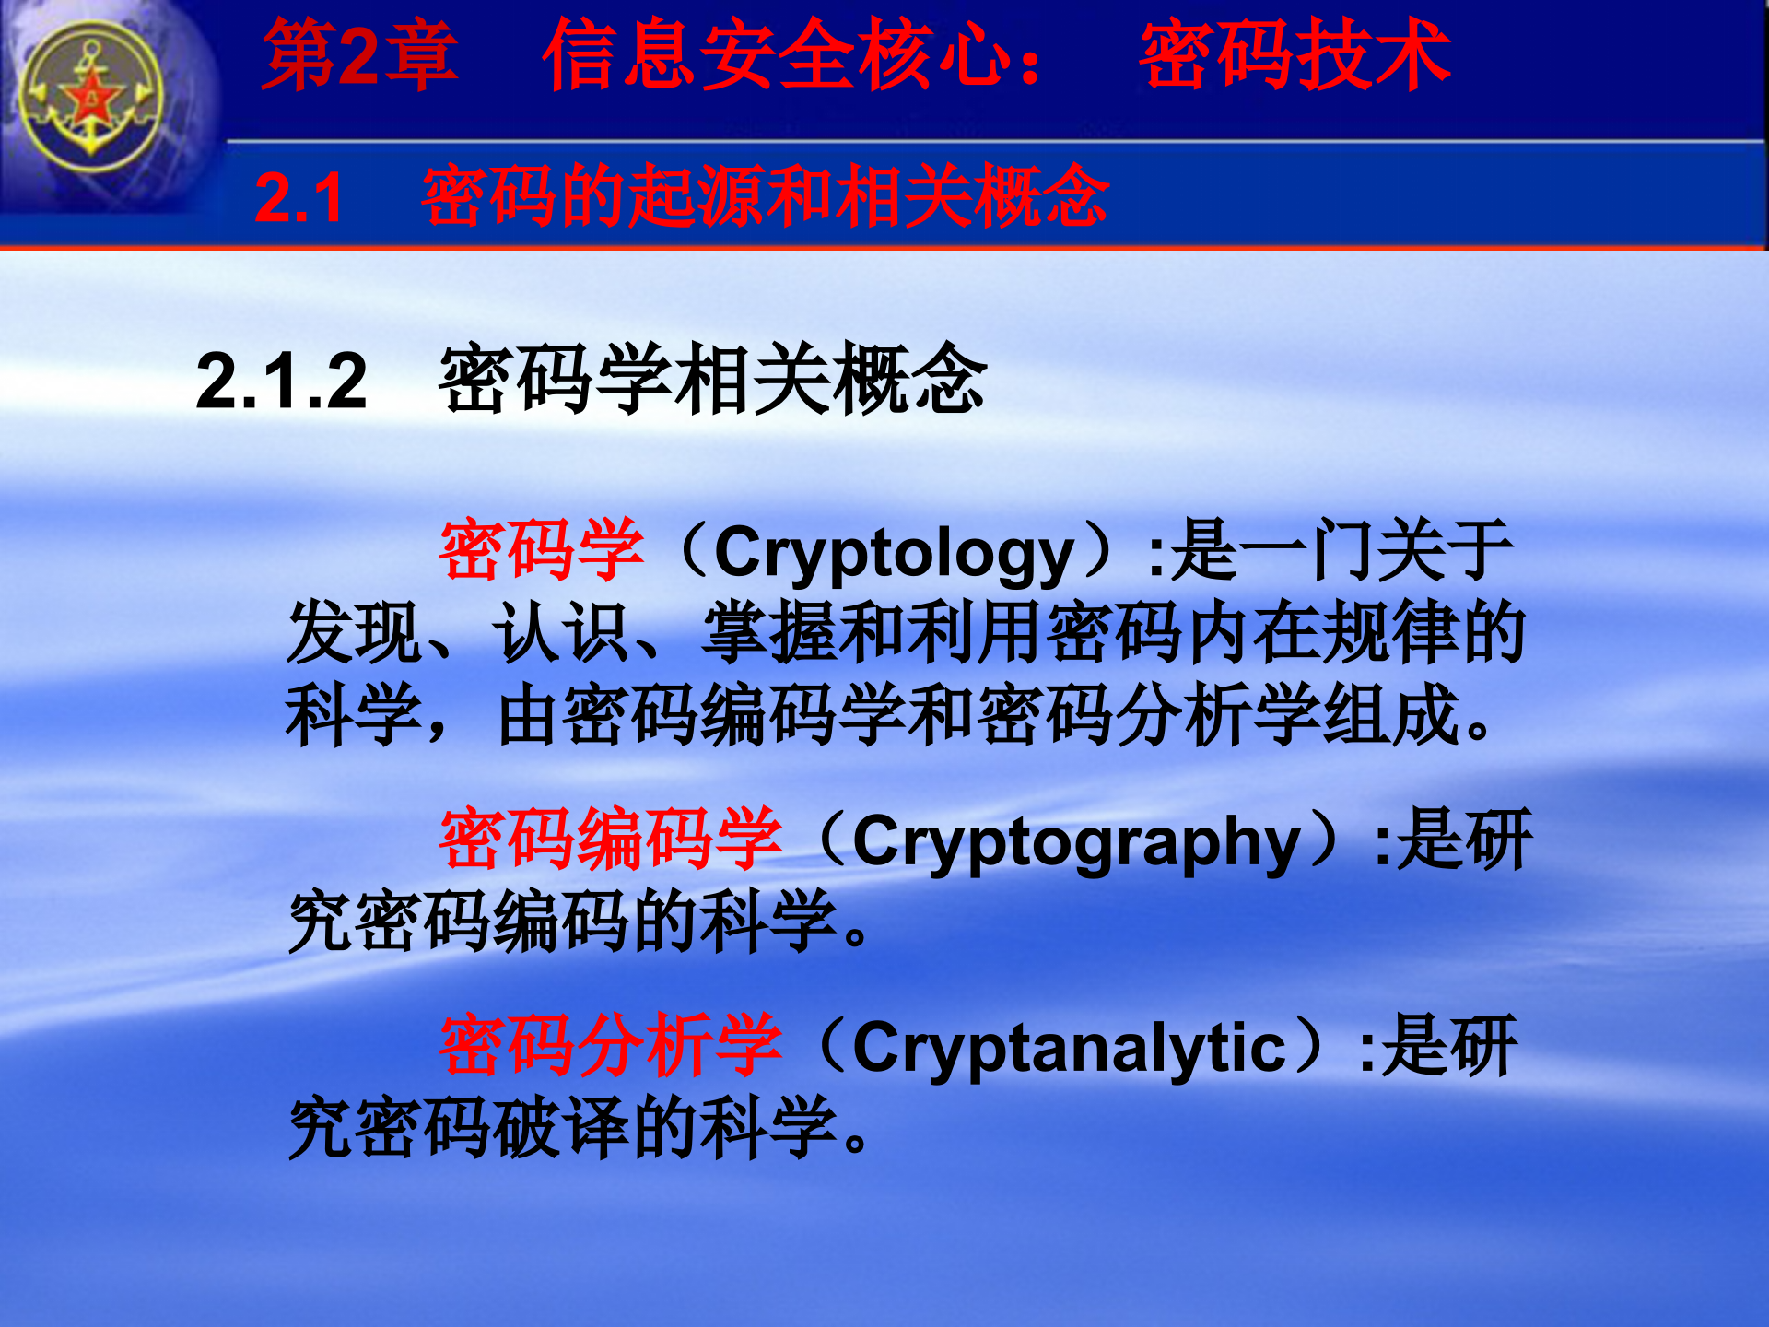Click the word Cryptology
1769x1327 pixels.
pyautogui.click(x=894, y=554)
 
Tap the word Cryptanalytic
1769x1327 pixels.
pyautogui.click(x=1069, y=1048)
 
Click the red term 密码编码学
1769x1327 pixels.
pyautogui.click(x=611, y=839)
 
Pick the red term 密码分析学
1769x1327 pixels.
pyautogui.click(x=611, y=1045)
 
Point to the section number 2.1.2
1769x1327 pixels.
pyautogui.click(x=281, y=381)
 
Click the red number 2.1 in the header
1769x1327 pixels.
pyautogui.click(x=299, y=198)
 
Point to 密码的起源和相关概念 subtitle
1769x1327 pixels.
pyautogui.click(x=765, y=196)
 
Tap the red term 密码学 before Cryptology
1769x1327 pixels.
pyautogui.click(x=542, y=550)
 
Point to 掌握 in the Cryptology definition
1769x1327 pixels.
pyautogui.click(x=771, y=633)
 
